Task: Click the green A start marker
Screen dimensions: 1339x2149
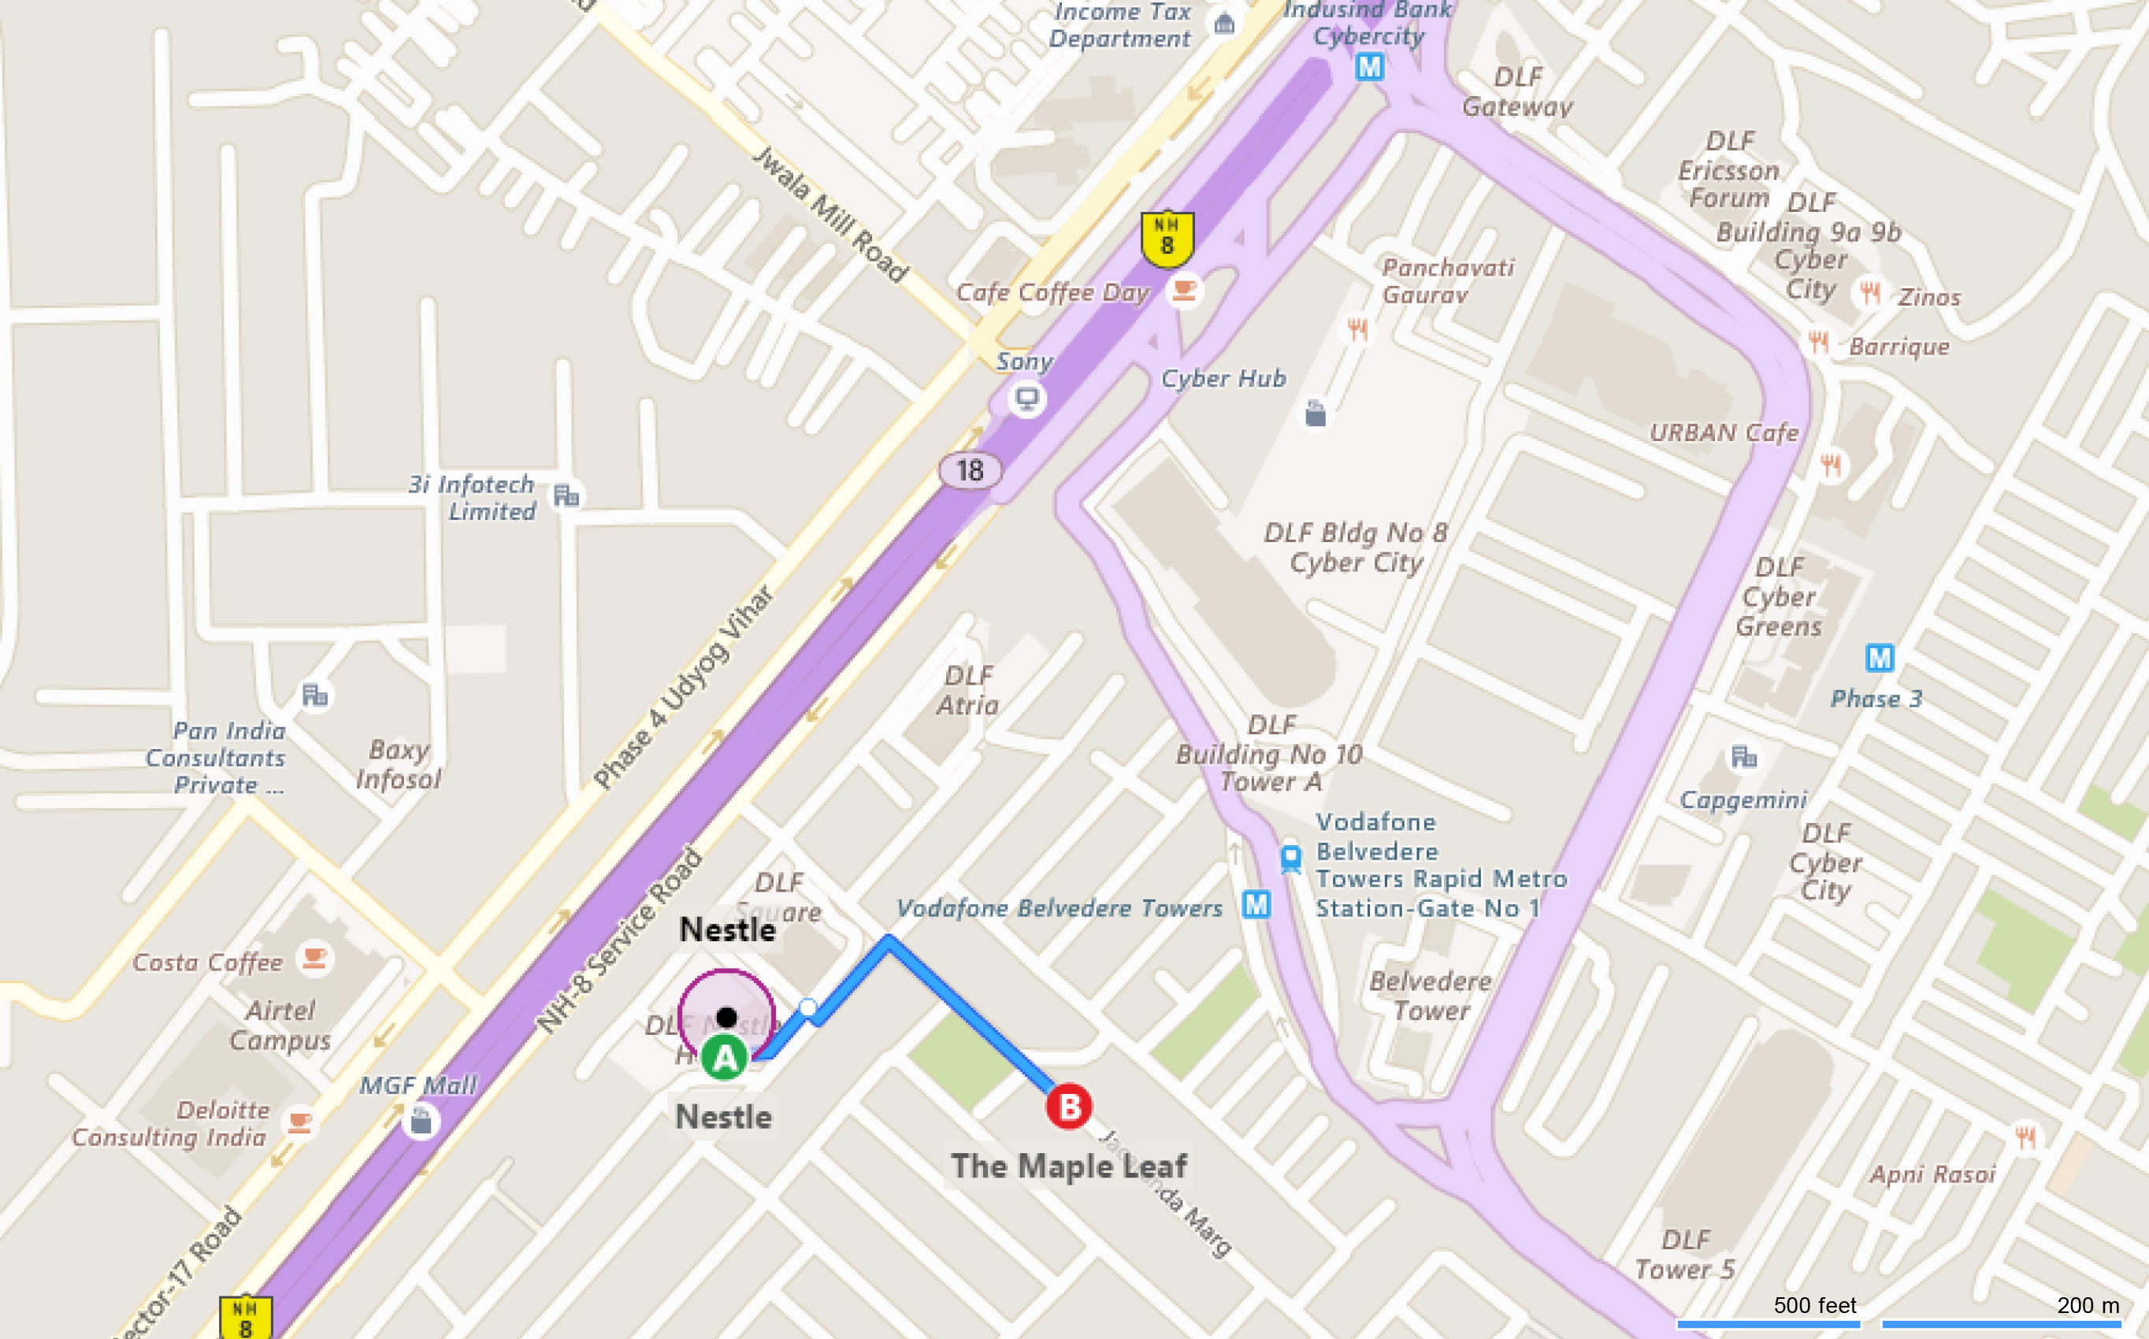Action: tap(724, 1057)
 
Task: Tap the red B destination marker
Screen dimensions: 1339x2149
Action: tap(1069, 1106)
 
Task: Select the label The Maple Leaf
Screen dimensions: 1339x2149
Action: tap(1069, 1167)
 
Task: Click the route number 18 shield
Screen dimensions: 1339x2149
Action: tap(970, 470)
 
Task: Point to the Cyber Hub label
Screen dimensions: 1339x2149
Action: tap(1223, 378)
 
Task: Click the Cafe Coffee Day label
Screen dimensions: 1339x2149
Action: tap(1052, 292)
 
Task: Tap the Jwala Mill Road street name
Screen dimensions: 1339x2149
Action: tap(830, 215)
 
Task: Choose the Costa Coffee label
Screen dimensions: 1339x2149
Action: tap(207, 962)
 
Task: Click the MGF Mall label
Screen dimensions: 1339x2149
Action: tap(418, 1085)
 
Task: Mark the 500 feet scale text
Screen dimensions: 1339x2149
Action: tap(1814, 1304)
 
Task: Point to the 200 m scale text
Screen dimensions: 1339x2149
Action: tap(2088, 1304)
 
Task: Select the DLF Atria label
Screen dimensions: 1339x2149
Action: tap(968, 691)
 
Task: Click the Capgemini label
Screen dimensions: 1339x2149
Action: tap(1743, 799)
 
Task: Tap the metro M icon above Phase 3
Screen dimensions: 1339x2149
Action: tap(1879, 658)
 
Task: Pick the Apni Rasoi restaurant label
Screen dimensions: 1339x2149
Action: tap(1932, 1174)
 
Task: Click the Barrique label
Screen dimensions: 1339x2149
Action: tap(1898, 347)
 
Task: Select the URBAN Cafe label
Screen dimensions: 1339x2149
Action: tap(1723, 432)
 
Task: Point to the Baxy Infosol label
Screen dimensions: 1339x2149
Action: tap(399, 764)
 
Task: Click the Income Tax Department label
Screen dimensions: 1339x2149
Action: tap(1120, 24)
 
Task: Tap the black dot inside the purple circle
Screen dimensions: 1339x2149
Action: tap(727, 1017)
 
